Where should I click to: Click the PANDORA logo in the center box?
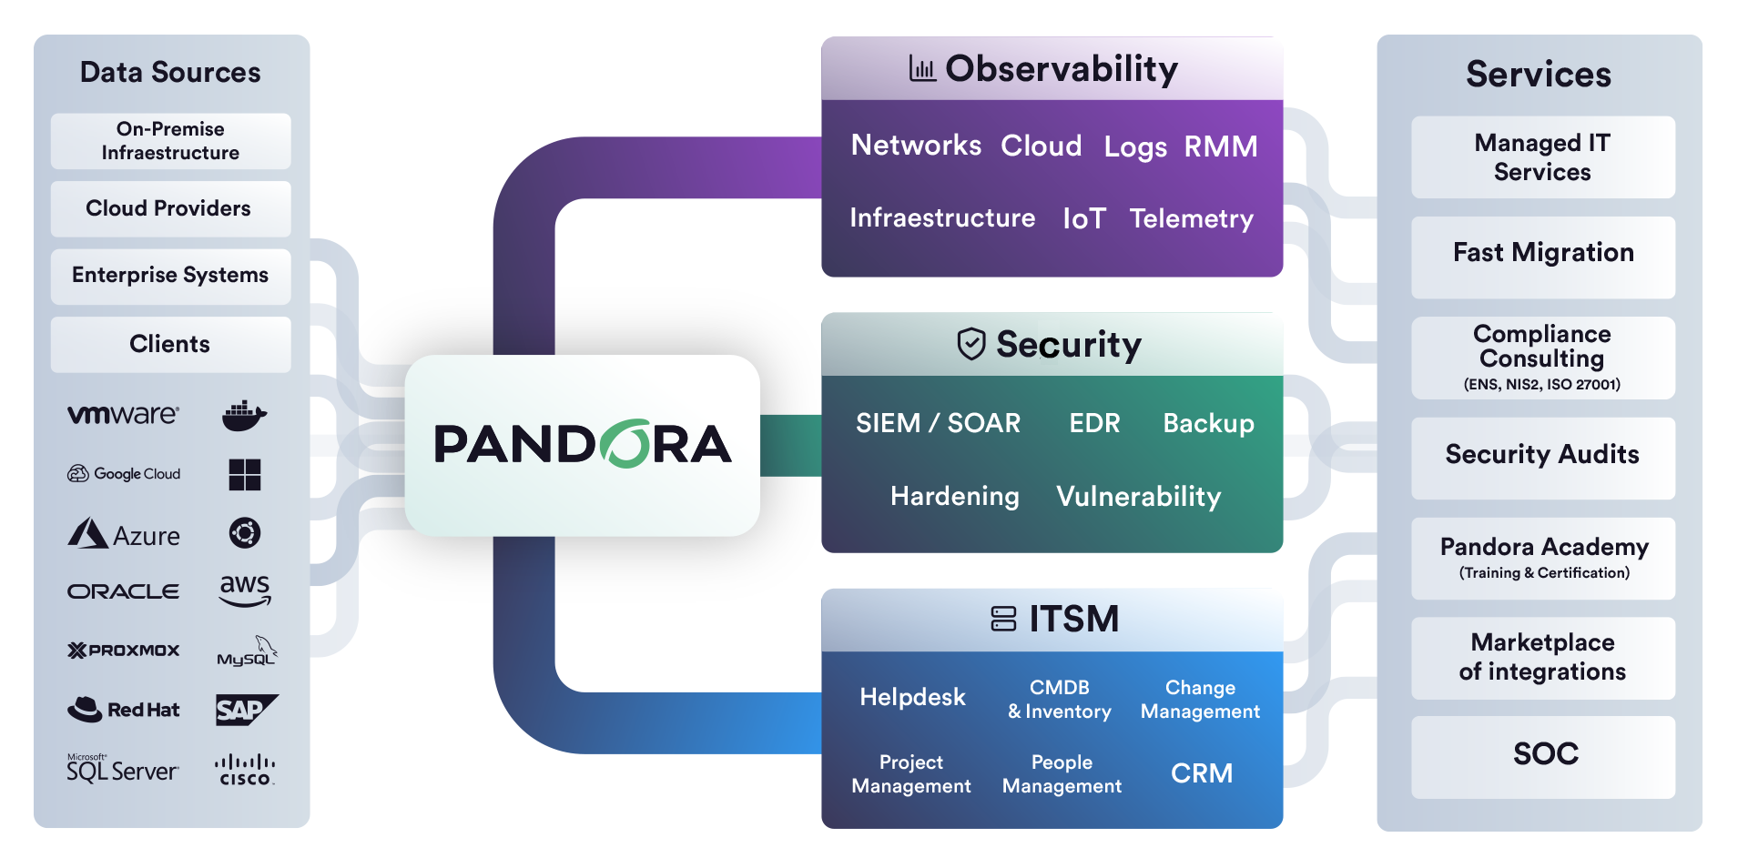click(x=583, y=444)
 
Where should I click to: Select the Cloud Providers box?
click(x=170, y=208)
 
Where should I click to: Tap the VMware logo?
click(x=123, y=415)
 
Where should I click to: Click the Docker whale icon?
click(x=244, y=416)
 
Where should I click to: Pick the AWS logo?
click(x=245, y=590)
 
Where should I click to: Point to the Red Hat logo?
click(x=123, y=710)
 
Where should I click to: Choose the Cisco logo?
click(x=245, y=770)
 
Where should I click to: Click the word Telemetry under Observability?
click(x=1191, y=218)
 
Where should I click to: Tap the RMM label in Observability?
click(x=1220, y=146)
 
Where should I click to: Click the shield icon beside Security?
click(x=971, y=344)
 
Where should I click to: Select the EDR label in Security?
click(x=1094, y=423)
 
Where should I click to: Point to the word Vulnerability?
click(x=1138, y=497)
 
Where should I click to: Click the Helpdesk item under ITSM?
click(x=912, y=697)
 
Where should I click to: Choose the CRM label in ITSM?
click(x=1201, y=773)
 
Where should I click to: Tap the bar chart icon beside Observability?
click(x=922, y=68)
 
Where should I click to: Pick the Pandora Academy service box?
click(x=1542, y=557)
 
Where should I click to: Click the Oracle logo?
click(x=123, y=591)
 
